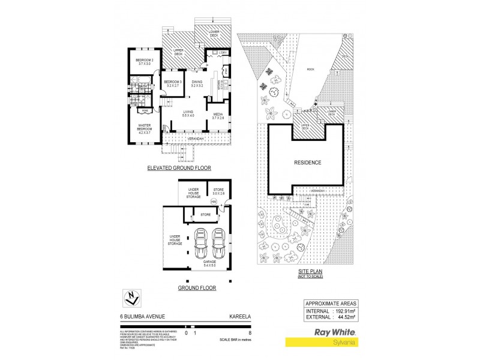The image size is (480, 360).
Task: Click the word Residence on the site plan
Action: [x=308, y=163]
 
